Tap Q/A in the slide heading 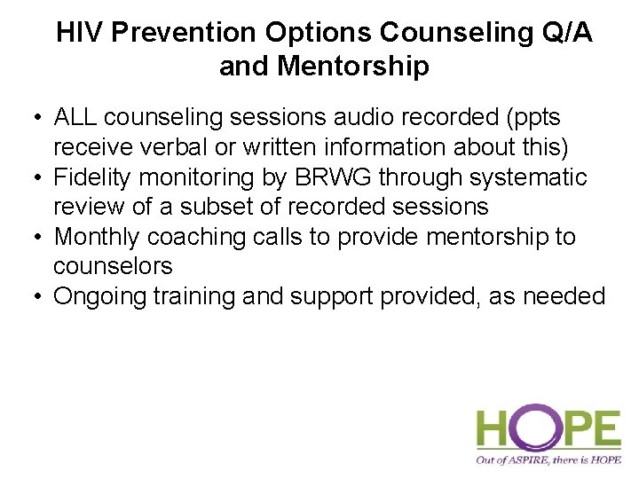(564, 34)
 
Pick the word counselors (113, 266)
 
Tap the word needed (566, 296)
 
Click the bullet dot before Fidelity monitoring (35, 178)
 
